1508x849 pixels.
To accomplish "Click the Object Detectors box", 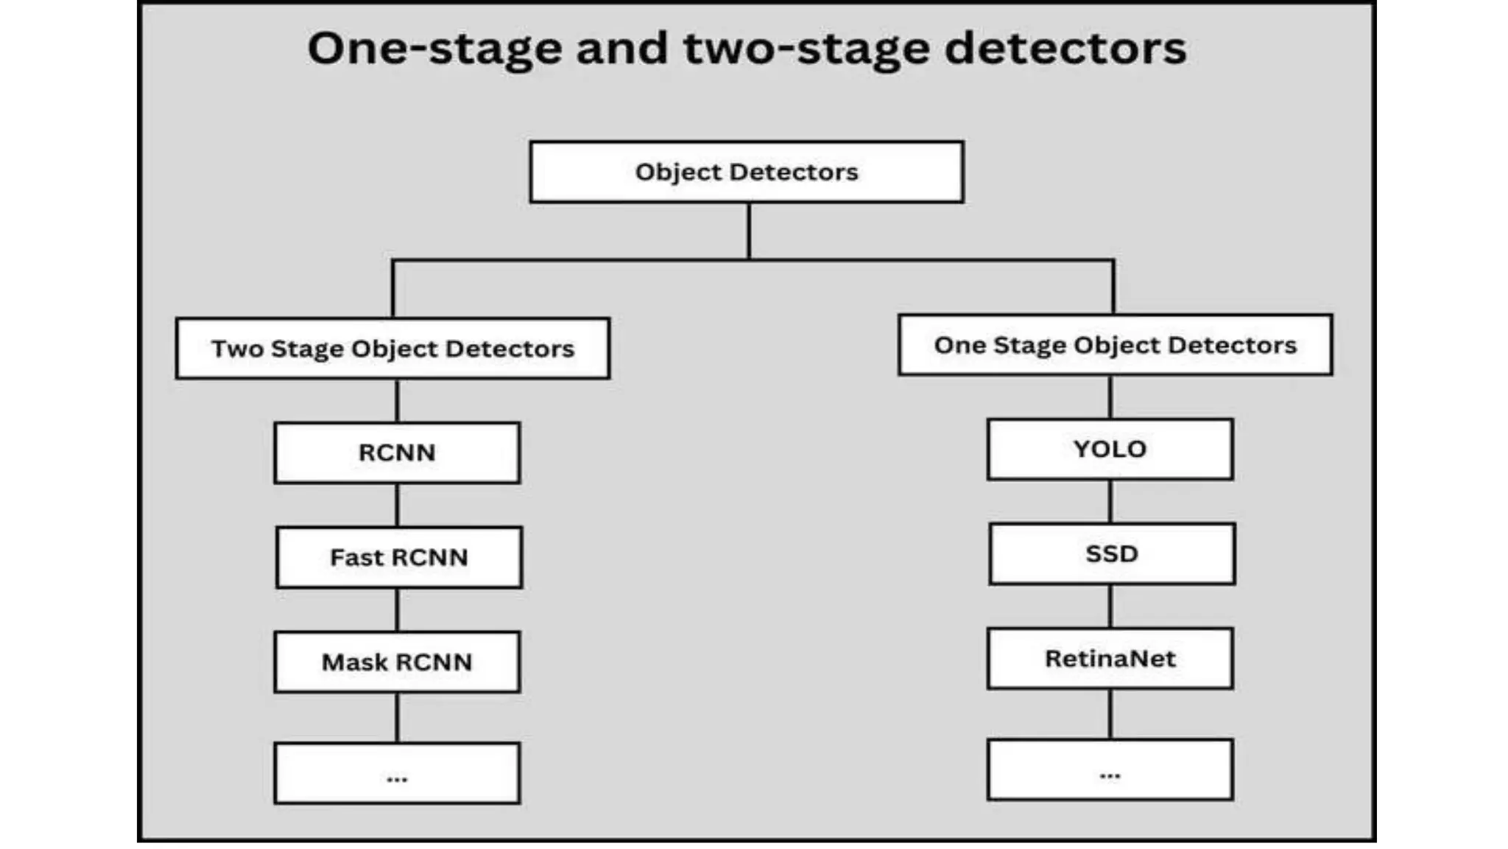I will pos(746,172).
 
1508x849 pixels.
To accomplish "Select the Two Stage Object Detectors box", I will pos(392,349).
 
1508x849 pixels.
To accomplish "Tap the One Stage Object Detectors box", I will pos(1115,345).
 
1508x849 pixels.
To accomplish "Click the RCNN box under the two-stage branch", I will pos(397,453).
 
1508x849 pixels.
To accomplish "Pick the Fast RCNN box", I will pos(399,557).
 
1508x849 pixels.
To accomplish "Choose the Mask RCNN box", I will pos(397,662).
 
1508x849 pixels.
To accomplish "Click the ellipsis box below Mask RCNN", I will pos(397,773).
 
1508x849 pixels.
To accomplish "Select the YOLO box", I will pos(1110,450).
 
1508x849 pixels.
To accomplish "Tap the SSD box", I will pos(1112,554).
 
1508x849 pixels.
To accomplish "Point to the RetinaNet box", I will pos(1110,659).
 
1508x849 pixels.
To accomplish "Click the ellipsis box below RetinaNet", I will pos(1110,770).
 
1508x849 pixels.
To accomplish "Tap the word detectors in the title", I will pos(1065,49).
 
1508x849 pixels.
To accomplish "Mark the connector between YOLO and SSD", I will pos(1110,502).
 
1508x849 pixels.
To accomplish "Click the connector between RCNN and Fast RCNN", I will pos(398,505).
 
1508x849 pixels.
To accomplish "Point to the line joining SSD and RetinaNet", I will pos(1110,607).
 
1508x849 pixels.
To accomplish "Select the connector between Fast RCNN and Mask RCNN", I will pos(398,609).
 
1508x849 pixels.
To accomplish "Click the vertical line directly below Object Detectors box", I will pos(749,231).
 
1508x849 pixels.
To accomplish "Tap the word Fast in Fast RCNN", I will pos(356,557).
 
